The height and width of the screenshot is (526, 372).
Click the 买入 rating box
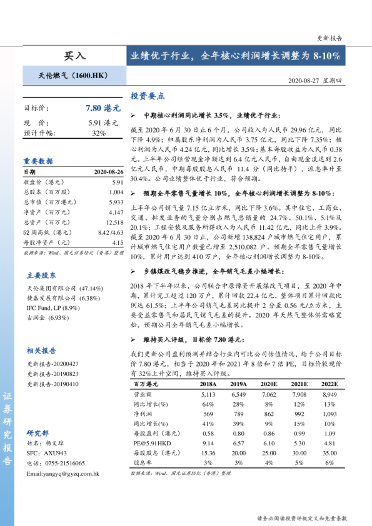click(x=75, y=56)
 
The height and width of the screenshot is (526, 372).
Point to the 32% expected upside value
click(x=99, y=133)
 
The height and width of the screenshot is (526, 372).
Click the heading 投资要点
click(x=147, y=97)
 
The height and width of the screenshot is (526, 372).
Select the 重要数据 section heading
click(x=38, y=161)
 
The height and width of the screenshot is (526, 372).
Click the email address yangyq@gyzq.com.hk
click(x=63, y=474)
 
